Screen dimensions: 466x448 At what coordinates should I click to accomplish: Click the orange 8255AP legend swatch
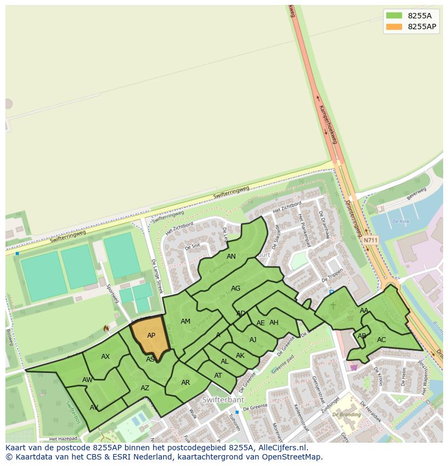click(x=394, y=27)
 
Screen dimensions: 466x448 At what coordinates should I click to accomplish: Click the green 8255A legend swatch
click(x=394, y=16)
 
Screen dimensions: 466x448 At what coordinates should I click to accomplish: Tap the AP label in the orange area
click(x=151, y=336)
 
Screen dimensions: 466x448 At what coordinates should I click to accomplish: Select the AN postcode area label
click(x=231, y=257)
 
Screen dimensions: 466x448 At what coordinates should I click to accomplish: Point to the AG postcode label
click(x=235, y=288)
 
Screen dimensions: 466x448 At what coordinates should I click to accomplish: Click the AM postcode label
click(x=185, y=321)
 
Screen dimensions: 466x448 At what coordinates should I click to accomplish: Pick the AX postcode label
click(x=106, y=357)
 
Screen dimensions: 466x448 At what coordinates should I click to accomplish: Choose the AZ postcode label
click(x=144, y=388)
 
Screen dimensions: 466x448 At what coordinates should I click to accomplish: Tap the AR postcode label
click(x=186, y=383)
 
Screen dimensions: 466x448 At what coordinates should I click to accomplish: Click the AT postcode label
click(x=218, y=376)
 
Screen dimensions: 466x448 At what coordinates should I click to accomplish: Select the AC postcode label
click(x=381, y=340)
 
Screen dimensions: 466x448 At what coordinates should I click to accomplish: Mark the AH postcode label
click(x=274, y=323)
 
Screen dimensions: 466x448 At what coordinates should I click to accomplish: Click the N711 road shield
click(x=371, y=240)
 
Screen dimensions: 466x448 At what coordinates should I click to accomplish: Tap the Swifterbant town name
click(x=223, y=400)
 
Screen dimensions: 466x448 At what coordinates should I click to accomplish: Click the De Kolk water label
click(x=400, y=221)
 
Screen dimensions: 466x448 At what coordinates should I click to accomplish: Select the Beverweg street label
click(x=417, y=194)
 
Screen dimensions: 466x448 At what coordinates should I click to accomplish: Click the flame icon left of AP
click(x=106, y=329)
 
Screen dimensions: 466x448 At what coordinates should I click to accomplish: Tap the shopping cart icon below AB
click(x=353, y=367)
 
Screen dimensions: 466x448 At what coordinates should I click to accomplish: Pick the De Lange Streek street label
click(x=157, y=275)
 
